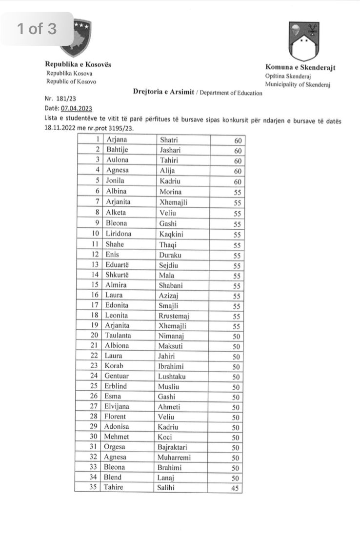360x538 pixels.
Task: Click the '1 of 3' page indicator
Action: [37, 29]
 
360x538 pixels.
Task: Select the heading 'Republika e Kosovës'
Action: [78, 64]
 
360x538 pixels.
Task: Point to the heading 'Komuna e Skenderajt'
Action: [300, 68]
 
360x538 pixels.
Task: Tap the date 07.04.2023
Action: [77, 108]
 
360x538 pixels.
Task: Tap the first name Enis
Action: [112, 254]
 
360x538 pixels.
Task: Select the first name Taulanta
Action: [120, 336]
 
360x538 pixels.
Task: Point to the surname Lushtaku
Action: [172, 377]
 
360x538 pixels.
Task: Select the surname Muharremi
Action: [174, 457]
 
